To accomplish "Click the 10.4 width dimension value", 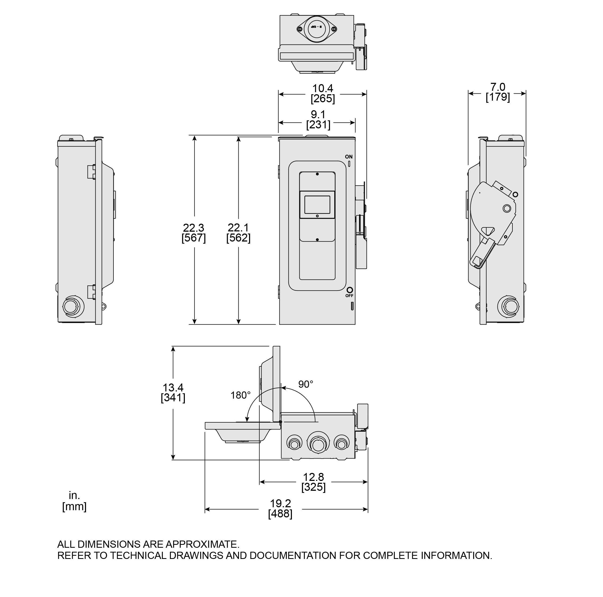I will [323, 88].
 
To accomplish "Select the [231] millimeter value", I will [318, 125].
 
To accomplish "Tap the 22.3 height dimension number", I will [194, 227].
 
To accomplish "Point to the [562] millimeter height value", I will [238, 238].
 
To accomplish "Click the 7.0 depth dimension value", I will [498, 87].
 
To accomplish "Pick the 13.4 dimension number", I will [173, 388].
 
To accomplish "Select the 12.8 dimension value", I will [313, 477].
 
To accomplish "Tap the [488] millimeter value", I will [280, 513].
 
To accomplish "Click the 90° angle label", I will [305, 384].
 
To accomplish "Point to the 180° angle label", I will [240, 395].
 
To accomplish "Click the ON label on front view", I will [349, 157].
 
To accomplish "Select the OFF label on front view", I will [349, 296].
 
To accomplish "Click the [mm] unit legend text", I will [74, 506].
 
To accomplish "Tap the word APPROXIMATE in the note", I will [202, 544].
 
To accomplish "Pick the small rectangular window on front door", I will [317, 205].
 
